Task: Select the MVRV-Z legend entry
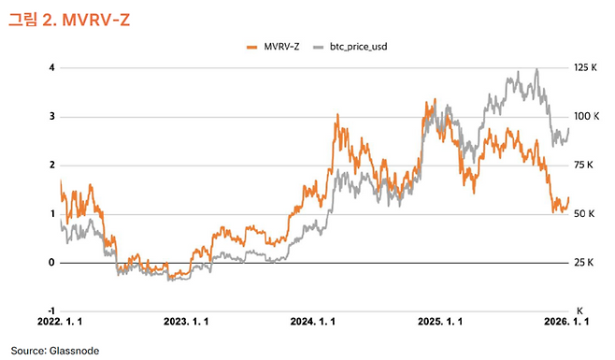(x=272, y=46)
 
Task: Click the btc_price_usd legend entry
(x=350, y=46)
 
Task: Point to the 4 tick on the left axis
(x=51, y=68)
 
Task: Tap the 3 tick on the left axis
(x=51, y=117)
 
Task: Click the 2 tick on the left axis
(x=51, y=166)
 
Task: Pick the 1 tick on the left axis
(x=51, y=214)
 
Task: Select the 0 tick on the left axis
(x=51, y=263)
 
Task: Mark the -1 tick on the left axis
(x=50, y=310)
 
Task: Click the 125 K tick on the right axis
(x=586, y=68)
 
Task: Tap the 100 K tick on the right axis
(x=586, y=117)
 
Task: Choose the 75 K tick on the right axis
(x=584, y=166)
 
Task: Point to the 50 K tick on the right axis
(x=584, y=214)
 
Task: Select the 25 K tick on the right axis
(x=584, y=263)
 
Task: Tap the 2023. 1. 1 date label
(x=187, y=321)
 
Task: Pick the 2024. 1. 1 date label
(x=313, y=321)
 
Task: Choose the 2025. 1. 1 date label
(x=439, y=321)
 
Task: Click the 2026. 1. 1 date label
(x=567, y=321)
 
